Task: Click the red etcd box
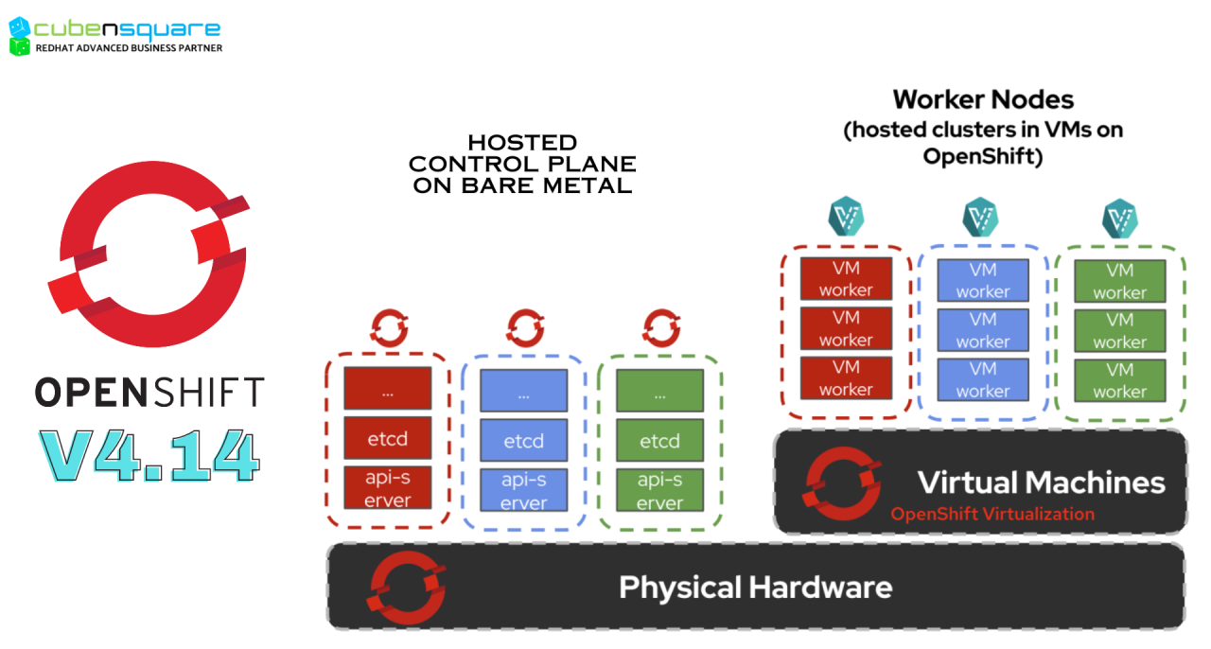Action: [x=387, y=439]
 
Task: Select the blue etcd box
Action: [x=523, y=441]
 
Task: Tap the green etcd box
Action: [x=659, y=441]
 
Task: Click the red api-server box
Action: [x=387, y=488]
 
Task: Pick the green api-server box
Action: [x=659, y=490]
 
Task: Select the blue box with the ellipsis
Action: [x=523, y=391]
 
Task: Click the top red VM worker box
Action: [x=846, y=279]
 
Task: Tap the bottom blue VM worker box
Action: [x=982, y=380]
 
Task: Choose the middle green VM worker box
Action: [x=1119, y=331]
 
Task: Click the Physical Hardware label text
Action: [x=755, y=588]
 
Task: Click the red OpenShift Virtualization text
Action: [x=992, y=515]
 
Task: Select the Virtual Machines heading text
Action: [x=1041, y=482]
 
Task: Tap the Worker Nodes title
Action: [x=983, y=99]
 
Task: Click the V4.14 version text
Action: [x=149, y=455]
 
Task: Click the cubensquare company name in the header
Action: [x=127, y=28]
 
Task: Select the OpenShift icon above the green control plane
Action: [x=660, y=328]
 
